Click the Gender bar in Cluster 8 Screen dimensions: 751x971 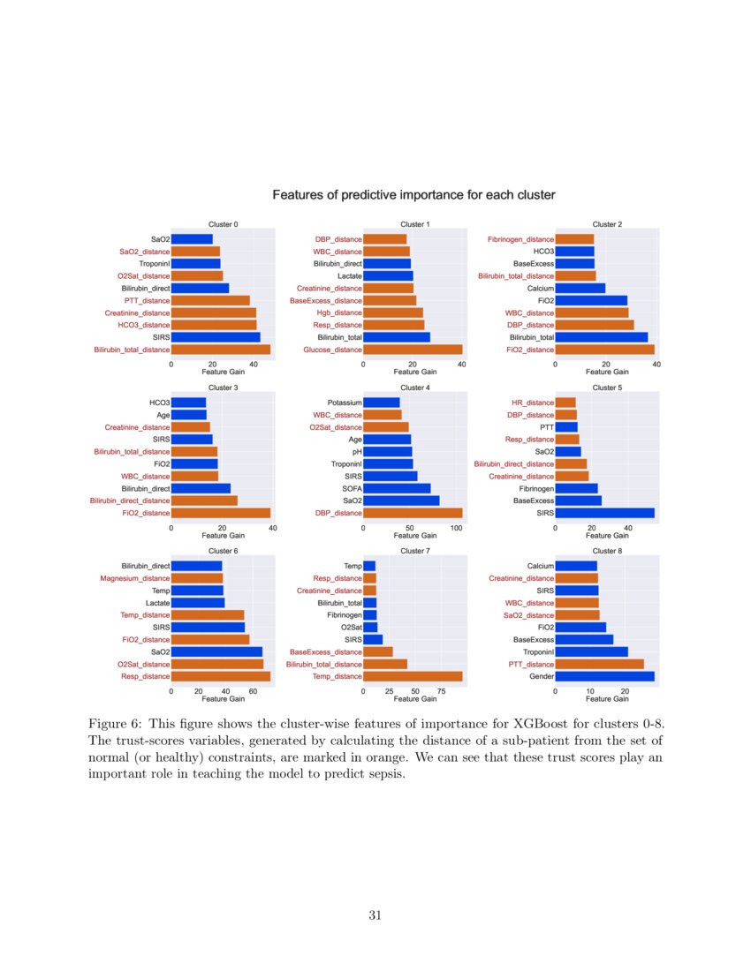coord(604,676)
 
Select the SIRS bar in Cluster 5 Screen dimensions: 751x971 coord(604,513)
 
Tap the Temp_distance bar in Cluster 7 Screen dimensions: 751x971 coord(413,676)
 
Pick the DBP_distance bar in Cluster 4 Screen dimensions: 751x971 coord(413,513)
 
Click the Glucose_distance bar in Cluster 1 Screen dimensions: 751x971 coord(413,350)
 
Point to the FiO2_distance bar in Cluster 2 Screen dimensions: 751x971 coord(604,350)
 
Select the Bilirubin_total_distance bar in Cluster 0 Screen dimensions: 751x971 coord(221,350)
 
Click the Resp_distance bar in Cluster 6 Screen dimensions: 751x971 coord(221,676)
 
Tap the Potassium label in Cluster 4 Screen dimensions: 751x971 coord(345,403)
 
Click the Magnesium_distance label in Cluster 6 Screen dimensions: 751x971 coord(134,578)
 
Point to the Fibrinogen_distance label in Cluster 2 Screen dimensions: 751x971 coord(520,239)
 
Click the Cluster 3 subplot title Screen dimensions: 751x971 coord(223,388)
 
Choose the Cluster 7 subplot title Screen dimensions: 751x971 coord(415,551)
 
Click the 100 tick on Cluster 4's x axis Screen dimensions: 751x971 coord(456,528)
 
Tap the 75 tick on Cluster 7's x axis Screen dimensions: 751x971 coord(441,691)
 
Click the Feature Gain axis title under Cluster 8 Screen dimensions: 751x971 coord(607,698)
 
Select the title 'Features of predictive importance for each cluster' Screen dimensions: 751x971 coord(413,195)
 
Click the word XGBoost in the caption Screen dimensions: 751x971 coord(539,723)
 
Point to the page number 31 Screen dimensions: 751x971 coord(375,915)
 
